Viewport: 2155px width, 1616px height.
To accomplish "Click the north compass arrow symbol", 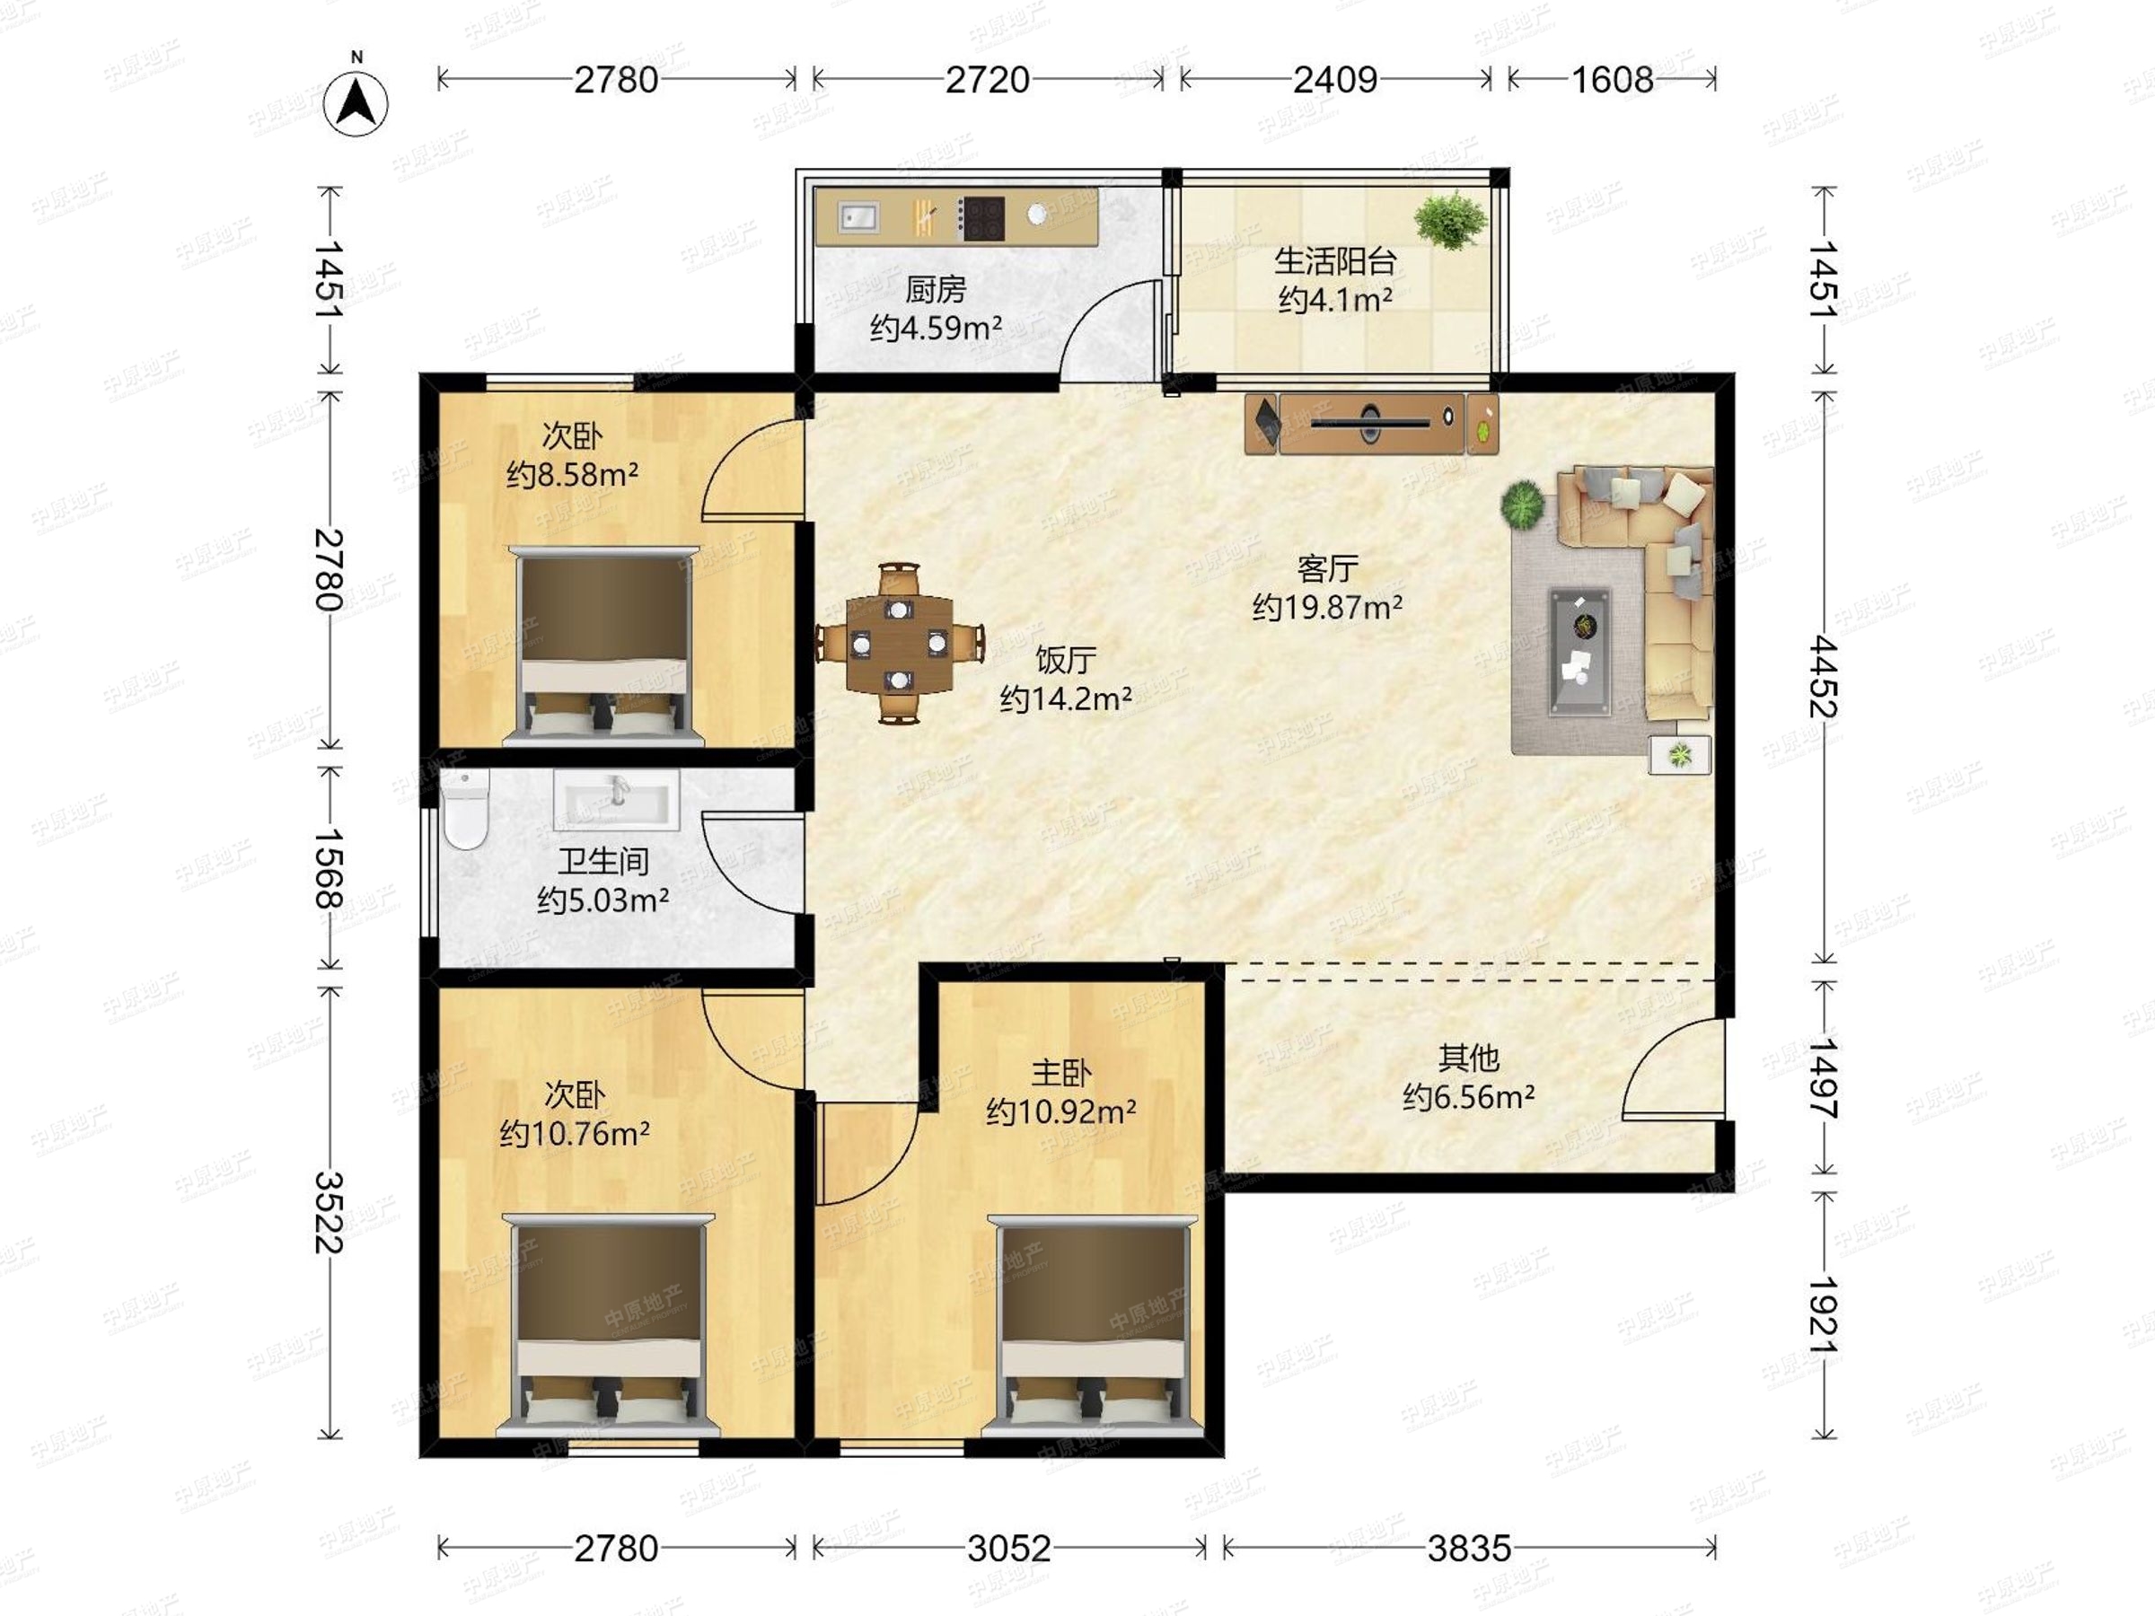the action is [356, 102].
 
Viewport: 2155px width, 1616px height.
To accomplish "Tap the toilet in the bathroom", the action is [463, 810].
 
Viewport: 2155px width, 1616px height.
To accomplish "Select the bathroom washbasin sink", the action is [617, 800].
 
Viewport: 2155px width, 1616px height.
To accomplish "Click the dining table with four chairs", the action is [898, 643].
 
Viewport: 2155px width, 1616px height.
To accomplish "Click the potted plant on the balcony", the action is [1451, 220].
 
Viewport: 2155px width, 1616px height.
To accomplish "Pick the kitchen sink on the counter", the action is [858, 217].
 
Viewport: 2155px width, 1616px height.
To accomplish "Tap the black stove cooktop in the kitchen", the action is [981, 217].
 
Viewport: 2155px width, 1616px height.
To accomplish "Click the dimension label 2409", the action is [1334, 79].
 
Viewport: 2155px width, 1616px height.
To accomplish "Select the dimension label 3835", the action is [1469, 1548].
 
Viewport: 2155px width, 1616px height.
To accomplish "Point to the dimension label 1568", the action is [330, 868].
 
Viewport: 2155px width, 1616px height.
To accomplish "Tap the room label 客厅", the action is [1328, 569].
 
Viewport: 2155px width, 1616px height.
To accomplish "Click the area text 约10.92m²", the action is [1061, 1111].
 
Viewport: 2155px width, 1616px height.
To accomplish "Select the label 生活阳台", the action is [1334, 260].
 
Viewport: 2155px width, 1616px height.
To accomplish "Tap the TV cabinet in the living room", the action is [1372, 422].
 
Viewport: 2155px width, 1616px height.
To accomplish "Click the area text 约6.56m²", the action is [1469, 1098].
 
